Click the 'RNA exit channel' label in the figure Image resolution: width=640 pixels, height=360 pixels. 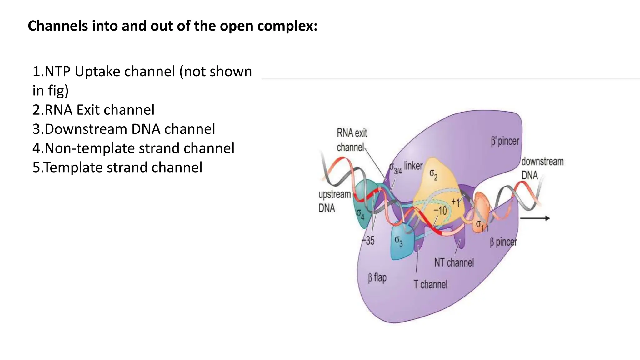[x=352, y=140]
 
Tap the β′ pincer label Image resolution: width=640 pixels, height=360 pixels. [x=505, y=141]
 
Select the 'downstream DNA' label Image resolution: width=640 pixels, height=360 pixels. [x=542, y=168]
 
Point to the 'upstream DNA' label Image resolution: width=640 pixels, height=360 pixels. [x=334, y=201]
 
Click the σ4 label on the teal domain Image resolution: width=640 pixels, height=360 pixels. [x=360, y=214]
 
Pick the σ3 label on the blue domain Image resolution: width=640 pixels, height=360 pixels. [x=398, y=241]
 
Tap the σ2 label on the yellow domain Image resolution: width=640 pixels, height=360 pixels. [x=433, y=174]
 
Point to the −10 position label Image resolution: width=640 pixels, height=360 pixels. [x=440, y=211]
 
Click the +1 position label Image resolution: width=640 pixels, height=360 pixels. [x=456, y=202]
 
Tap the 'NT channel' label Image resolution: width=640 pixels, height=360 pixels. [x=454, y=262]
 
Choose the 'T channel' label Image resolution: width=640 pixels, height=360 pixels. [x=430, y=284]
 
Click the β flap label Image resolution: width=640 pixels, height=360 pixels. [x=377, y=277]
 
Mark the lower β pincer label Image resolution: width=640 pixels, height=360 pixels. [x=503, y=242]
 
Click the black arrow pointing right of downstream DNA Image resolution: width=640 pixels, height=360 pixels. [x=535, y=218]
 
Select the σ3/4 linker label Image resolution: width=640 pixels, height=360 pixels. [x=406, y=167]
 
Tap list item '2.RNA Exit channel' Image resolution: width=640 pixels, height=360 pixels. [x=93, y=110]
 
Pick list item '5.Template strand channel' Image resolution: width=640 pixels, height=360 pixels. [x=117, y=167]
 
